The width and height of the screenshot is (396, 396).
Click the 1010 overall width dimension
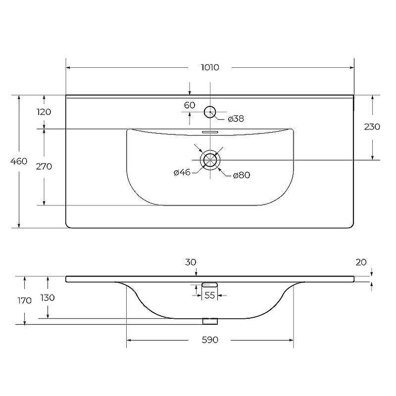pos(210,67)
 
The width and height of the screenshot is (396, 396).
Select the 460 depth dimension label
pos(19,161)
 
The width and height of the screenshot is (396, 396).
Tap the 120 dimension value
pos(44,112)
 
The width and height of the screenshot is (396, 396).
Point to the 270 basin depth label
pos(44,166)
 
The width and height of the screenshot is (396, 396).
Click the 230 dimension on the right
pos(372,127)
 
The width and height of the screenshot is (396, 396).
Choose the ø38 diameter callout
pos(236,119)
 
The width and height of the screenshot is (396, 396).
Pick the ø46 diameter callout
pos(182,172)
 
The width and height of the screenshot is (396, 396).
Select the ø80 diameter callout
pos(242,175)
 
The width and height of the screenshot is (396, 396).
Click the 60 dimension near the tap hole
pos(190,105)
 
